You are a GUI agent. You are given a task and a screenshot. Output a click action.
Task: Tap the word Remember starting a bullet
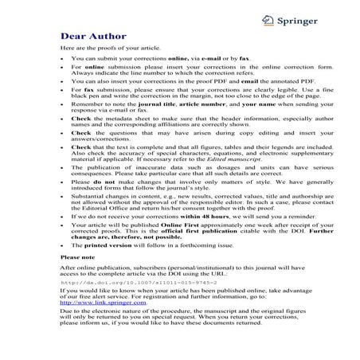tap(88, 104)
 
